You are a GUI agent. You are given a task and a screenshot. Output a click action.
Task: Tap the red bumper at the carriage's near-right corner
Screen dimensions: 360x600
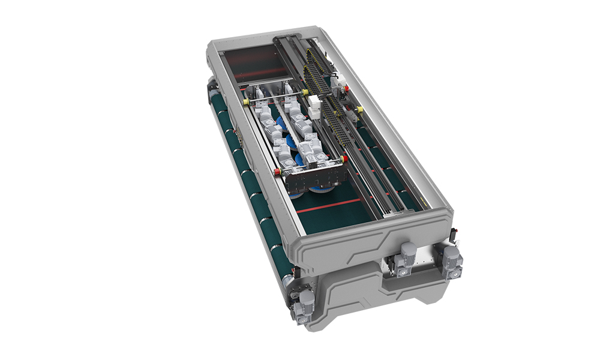click(x=344, y=158)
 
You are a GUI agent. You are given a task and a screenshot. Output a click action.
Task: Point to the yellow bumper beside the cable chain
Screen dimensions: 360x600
click(x=305, y=92)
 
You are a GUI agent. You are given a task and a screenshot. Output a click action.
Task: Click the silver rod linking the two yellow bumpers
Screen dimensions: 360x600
click(x=276, y=98)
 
